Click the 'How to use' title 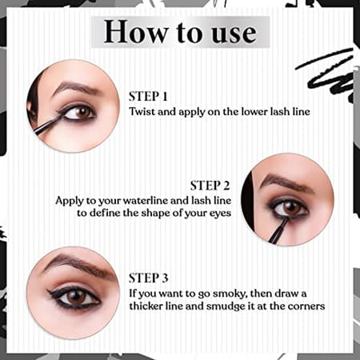tap(179, 32)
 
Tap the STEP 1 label tap(150, 95)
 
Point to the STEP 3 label tap(150, 278)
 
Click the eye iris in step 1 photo tap(80, 113)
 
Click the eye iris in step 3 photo tap(78, 297)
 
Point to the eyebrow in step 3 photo tap(72, 264)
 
